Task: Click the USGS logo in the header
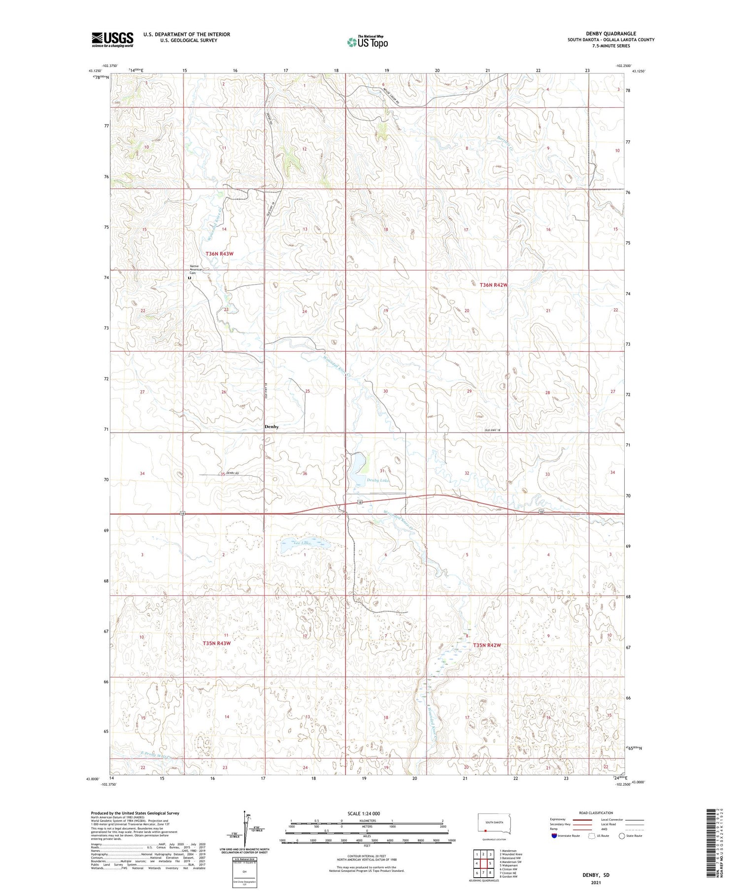[112, 39]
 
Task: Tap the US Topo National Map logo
[368, 42]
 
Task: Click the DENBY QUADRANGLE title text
[610, 33]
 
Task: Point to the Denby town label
[271, 427]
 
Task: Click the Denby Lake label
[377, 480]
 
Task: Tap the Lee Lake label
[301, 543]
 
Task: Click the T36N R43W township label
[219, 254]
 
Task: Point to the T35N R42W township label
[487, 645]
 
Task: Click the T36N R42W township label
[493, 285]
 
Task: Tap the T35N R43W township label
[217, 643]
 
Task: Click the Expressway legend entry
[558, 820]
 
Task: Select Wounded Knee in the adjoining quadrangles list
[512, 854]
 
